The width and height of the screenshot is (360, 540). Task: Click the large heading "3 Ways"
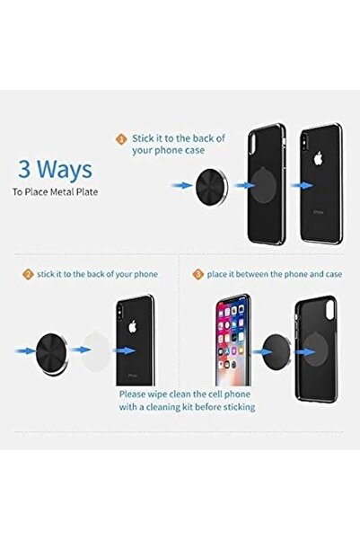(55, 169)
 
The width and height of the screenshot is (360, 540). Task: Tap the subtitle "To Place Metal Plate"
(55, 191)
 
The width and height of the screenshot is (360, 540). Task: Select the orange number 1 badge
(121, 139)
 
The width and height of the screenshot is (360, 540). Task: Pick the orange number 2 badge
(28, 274)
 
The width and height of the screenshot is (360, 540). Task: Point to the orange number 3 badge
(198, 274)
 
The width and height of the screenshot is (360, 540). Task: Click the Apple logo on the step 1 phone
(319, 158)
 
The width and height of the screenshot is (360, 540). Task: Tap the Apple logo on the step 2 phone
(133, 326)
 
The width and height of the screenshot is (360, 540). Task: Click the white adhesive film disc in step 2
(94, 350)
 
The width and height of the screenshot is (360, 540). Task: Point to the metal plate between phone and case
(277, 351)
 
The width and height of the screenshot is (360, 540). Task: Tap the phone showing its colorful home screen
(233, 341)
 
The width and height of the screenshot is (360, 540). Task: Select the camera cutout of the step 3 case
(330, 310)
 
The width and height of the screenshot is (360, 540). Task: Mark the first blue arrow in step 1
(182, 186)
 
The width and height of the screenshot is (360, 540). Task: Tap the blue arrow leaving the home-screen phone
(263, 352)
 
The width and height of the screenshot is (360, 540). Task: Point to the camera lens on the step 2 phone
(119, 311)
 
